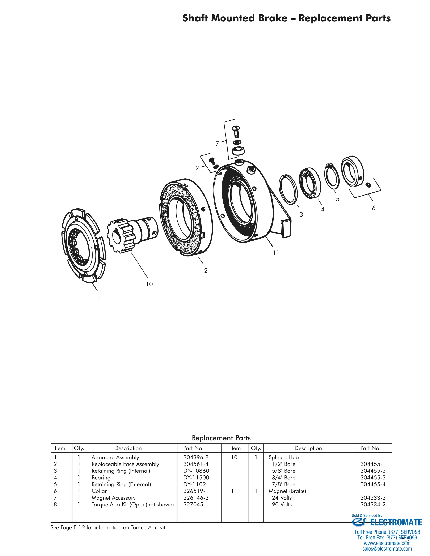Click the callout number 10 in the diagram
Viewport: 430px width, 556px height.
[x=149, y=284]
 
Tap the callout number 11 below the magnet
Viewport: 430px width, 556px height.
[x=276, y=253]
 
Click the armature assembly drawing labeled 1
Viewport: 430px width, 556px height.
[x=83, y=245]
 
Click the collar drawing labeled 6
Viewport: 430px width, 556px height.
[x=353, y=171]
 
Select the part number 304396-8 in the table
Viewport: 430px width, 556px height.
[x=196, y=457]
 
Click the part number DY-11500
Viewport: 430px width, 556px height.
[x=196, y=478]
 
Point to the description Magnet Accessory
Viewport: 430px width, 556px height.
[x=113, y=498]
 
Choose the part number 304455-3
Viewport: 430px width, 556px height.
[x=373, y=478]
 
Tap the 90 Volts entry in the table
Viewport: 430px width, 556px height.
[x=282, y=504]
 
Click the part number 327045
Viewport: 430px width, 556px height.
[x=193, y=504]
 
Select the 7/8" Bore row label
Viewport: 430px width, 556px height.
[x=283, y=484]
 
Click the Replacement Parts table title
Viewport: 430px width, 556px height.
[x=221, y=438]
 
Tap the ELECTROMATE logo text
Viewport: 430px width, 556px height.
[x=396, y=523]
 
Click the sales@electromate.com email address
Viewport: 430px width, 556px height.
[x=387, y=549]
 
